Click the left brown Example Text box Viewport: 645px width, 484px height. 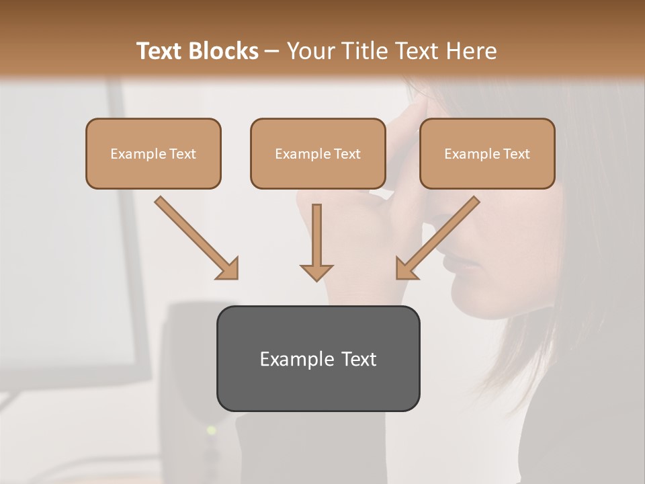coord(153,153)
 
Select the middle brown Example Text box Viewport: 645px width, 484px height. coord(318,153)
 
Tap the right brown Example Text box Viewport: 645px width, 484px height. coord(487,153)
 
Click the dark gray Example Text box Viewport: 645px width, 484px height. coord(318,358)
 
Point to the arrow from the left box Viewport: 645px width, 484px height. coord(195,236)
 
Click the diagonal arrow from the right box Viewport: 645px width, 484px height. coord(440,236)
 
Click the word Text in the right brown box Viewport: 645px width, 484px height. coord(516,154)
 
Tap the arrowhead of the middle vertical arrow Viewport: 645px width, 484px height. coord(316,272)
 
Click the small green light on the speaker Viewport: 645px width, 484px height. coord(211,430)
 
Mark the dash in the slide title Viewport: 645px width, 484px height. coord(272,52)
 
